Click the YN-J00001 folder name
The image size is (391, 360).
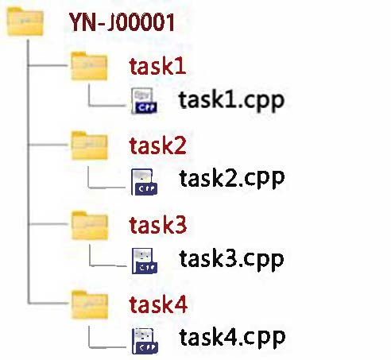(x=122, y=22)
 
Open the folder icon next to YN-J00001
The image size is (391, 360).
(x=25, y=21)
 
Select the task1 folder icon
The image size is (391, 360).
(x=89, y=66)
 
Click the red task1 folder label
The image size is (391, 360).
(x=157, y=66)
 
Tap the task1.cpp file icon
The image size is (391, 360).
(x=144, y=101)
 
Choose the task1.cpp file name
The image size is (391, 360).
(x=231, y=101)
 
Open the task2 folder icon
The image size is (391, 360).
(x=89, y=145)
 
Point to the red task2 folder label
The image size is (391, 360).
(x=157, y=145)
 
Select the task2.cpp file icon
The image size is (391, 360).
(x=145, y=182)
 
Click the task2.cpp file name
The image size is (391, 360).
(x=232, y=179)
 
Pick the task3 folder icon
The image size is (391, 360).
(x=90, y=226)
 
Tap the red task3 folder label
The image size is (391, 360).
(x=158, y=225)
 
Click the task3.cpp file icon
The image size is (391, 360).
(x=145, y=261)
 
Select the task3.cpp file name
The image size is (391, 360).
(x=231, y=260)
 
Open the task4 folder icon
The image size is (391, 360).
(x=90, y=304)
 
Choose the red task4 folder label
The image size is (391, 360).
(x=158, y=304)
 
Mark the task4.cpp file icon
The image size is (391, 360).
(x=145, y=341)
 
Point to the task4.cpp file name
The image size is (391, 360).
(x=232, y=338)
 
